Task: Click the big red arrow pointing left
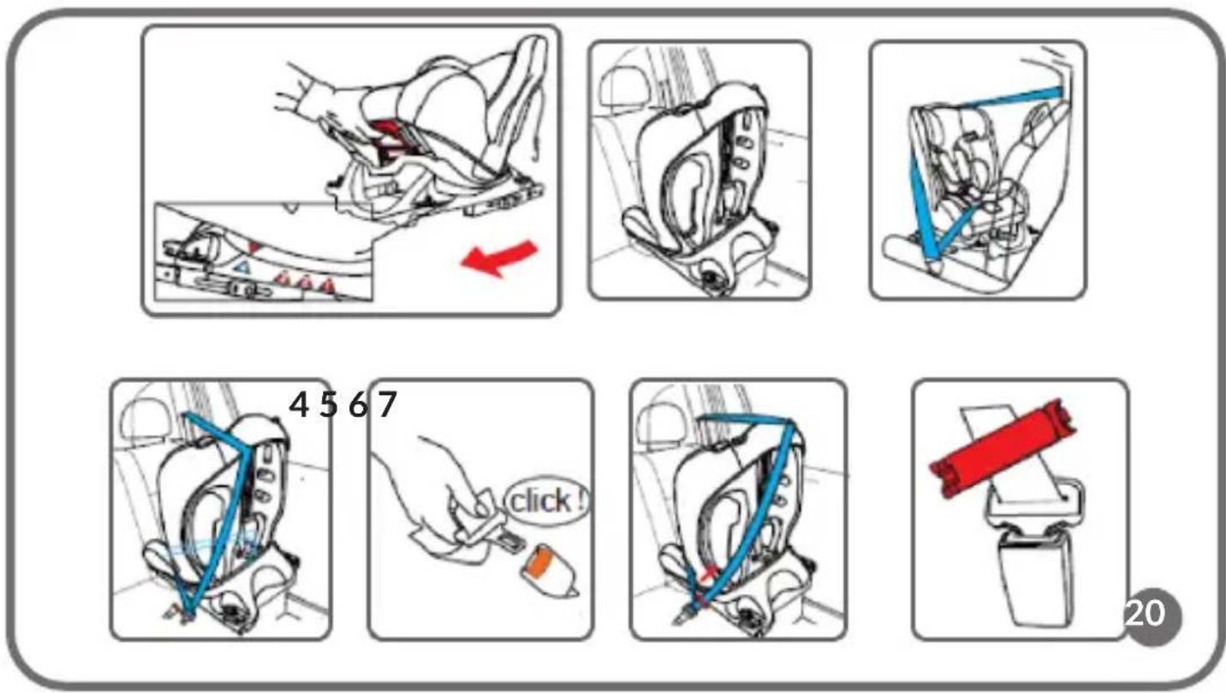click(499, 258)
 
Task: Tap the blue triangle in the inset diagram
click(241, 266)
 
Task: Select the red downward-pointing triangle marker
click(253, 247)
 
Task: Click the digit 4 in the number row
click(299, 405)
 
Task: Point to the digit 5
click(329, 405)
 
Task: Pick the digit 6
click(358, 405)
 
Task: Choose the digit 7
click(387, 405)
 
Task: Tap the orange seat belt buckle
click(549, 570)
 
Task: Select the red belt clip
click(1003, 447)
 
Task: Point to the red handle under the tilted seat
click(393, 140)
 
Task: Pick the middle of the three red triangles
click(306, 282)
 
